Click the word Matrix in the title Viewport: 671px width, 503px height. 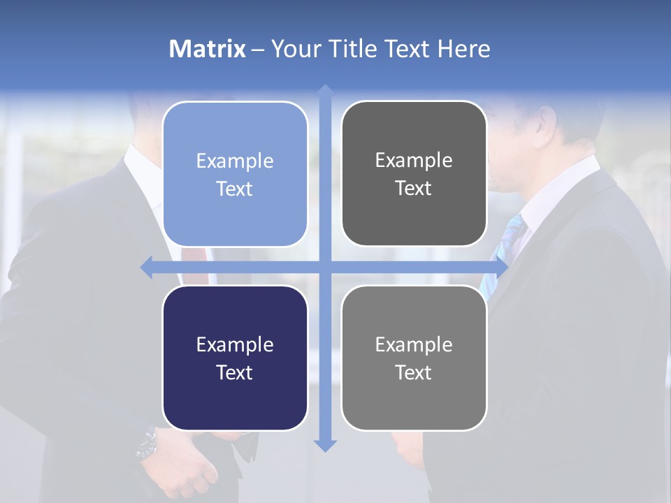208,49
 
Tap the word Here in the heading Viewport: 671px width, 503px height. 464,49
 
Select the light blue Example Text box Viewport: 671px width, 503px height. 235,174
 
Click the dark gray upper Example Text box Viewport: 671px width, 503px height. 414,173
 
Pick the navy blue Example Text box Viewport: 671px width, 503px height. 235,358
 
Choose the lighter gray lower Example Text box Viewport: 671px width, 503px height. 414,358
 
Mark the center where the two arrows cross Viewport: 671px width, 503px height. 325,267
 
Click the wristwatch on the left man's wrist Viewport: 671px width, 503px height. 147,444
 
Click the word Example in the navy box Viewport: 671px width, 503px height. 235,344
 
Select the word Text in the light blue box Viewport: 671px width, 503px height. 235,189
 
